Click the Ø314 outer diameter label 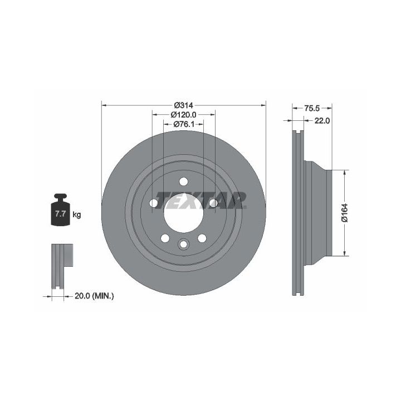183,105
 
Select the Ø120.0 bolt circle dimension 183,115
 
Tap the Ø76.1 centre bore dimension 184,124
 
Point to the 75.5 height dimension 312,109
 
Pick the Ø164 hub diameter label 345,213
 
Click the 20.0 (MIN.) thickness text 94,296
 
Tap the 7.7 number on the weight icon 60,213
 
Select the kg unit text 77,214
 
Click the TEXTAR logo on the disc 201,200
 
